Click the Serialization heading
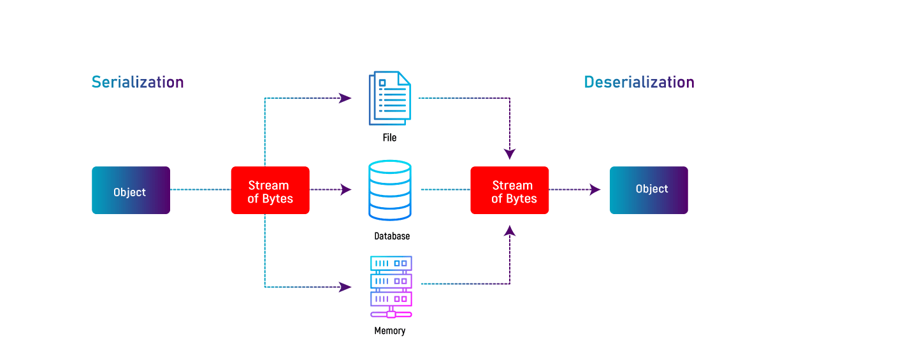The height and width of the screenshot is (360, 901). pyautogui.click(x=138, y=82)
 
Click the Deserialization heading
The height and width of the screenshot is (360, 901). pyautogui.click(x=639, y=82)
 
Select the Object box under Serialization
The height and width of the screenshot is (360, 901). pyautogui.click(x=131, y=191)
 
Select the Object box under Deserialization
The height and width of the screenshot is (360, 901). pyautogui.click(x=649, y=191)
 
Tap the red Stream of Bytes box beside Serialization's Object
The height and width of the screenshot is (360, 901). pyautogui.click(x=270, y=191)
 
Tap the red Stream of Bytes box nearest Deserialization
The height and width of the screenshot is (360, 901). pyautogui.click(x=510, y=191)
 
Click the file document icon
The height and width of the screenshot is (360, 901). pyautogui.click(x=390, y=98)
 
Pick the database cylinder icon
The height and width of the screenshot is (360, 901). pyautogui.click(x=390, y=191)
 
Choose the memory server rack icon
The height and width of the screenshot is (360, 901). pyautogui.click(x=391, y=287)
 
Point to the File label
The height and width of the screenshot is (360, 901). pyautogui.click(x=389, y=138)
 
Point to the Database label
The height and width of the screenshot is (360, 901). pyautogui.click(x=392, y=236)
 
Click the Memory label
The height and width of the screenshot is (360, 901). pyautogui.click(x=390, y=331)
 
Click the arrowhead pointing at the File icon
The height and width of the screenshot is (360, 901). pyautogui.click(x=345, y=98)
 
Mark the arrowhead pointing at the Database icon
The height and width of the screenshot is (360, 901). pyautogui.click(x=346, y=189)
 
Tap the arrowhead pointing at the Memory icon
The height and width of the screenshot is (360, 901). pyautogui.click(x=345, y=287)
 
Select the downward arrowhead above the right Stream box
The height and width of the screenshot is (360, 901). pyautogui.click(x=510, y=154)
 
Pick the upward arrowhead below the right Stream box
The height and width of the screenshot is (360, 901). pyautogui.click(x=510, y=231)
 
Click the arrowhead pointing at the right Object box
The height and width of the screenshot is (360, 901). pyautogui.click(x=595, y=189)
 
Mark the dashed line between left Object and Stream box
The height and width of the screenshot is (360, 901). pyautogui.click(x=201, y=189)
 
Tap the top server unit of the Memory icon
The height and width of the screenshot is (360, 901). pyautogui.click(x=391, y=263)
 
